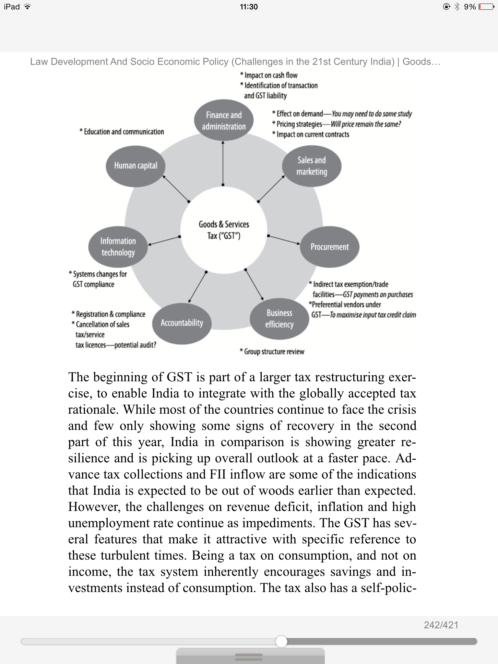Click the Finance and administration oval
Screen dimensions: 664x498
click(224, 121)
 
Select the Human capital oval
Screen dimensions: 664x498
click(136, 166)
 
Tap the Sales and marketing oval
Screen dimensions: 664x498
click(312, 166)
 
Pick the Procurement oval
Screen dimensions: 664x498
click(329, 247)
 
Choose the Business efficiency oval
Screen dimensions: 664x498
click(279, 319)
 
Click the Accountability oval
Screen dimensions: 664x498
click(182, 323)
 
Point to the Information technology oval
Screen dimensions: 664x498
click(118, 247)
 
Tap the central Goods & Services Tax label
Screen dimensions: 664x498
click(224, 230)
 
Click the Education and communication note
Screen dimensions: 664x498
click(122, 132)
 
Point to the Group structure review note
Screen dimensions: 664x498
click(272, 352)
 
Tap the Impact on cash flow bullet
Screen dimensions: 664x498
click(269, 75)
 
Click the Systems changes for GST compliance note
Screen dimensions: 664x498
click(98, 279)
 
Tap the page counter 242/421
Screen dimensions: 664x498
click(441, 625)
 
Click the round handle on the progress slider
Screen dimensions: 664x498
click(281, 641)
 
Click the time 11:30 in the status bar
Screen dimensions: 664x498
click(249, 7)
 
